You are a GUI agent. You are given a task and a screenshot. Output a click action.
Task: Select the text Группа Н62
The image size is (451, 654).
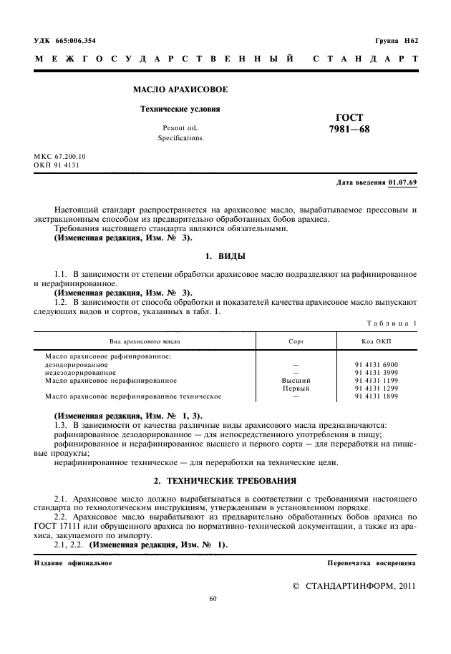click(397, 40)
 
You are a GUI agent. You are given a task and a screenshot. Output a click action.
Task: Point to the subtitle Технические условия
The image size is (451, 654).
click(170, 109)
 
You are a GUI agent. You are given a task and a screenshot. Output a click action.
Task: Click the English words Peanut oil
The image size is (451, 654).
click(180, 128)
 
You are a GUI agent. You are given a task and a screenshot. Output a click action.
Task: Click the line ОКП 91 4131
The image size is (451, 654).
click(57, 165)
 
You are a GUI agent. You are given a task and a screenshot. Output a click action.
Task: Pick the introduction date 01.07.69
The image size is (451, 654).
click(403, 182)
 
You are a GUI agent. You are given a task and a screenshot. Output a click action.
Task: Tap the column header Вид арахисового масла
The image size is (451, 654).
click(145, 341)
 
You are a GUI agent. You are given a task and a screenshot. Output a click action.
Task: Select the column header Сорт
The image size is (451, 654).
click(296, 341)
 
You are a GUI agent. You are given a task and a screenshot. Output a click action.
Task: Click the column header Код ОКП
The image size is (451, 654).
click(377, 341)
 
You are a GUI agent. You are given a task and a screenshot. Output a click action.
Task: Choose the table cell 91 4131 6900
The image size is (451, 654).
click(377, 364)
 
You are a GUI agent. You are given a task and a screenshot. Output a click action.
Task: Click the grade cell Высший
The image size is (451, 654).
click(296, 380)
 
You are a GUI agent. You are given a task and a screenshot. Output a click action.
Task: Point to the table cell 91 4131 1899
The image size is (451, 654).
click(377, 396)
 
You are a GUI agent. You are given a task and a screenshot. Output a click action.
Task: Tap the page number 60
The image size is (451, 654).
click(213, 599)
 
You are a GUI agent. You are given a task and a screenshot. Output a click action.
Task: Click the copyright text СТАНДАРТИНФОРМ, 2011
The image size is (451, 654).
click(359, 585)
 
